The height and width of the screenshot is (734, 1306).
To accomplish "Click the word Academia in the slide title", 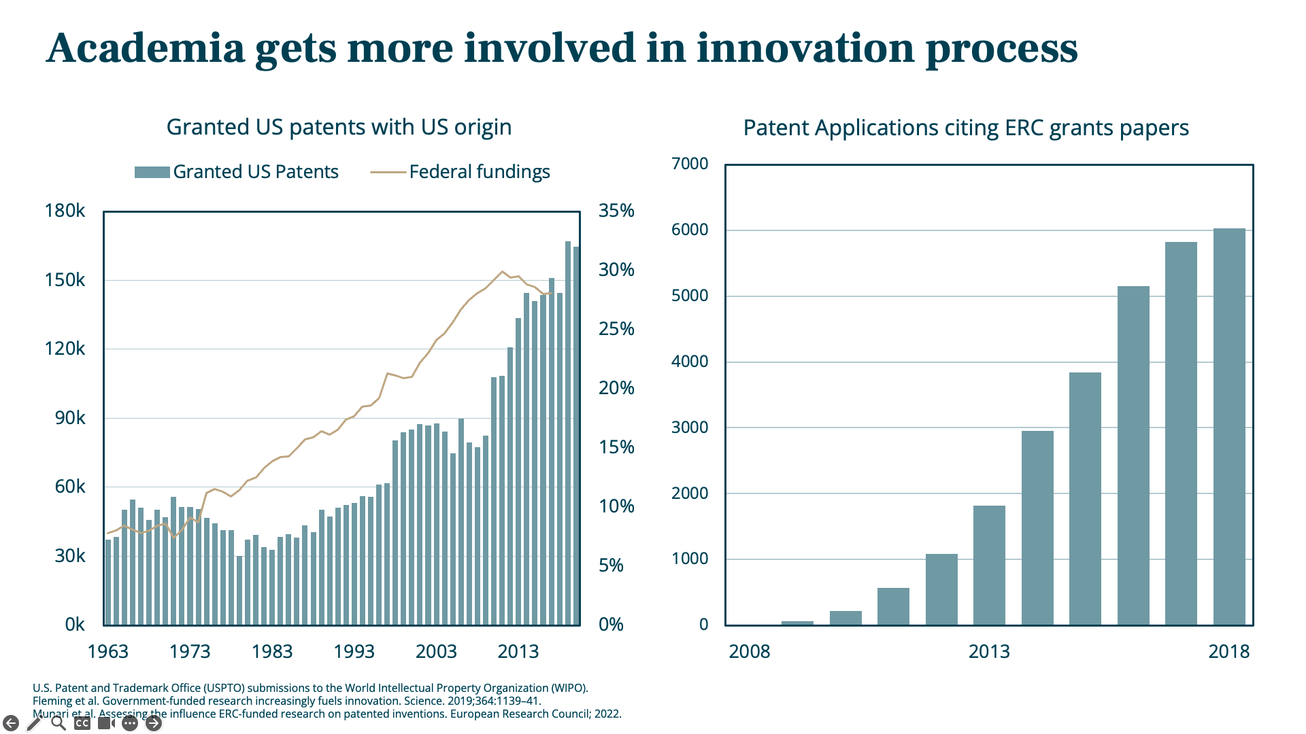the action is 146,48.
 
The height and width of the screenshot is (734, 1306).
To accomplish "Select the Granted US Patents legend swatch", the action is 152,172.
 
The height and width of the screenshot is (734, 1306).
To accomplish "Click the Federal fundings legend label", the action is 480,172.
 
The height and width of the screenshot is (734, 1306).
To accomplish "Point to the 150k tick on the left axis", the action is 65,280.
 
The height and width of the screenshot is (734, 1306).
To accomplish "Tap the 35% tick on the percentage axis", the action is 616,211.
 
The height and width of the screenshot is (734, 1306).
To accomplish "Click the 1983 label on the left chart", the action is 272,652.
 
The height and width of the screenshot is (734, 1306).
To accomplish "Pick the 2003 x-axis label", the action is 436,652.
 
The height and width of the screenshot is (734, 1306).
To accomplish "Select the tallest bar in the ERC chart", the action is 1229,427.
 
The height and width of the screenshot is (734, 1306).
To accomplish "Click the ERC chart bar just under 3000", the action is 1037,528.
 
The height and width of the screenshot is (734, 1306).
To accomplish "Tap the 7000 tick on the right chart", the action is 690,164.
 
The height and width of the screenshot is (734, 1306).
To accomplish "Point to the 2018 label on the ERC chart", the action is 1229,652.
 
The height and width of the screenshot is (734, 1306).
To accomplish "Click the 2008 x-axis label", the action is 750,652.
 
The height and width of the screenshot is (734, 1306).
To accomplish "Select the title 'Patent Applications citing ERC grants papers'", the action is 966,128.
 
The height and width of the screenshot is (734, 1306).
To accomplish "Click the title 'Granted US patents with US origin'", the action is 339,127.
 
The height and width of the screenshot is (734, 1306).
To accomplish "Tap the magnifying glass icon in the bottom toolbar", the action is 58,723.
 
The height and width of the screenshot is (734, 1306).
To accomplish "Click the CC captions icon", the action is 82,723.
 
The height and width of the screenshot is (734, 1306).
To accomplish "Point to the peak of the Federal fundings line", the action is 503,272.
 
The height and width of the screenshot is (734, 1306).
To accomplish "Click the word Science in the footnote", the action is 423,701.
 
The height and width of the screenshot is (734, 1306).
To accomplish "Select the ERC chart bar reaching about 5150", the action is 1133,455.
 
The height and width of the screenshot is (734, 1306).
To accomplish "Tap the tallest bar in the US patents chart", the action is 568,433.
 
